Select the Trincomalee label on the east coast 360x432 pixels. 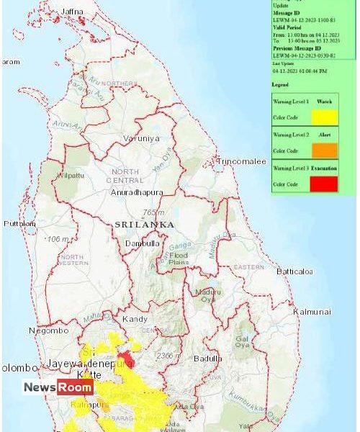click(242, 161)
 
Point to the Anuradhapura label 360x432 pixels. click(137, 192)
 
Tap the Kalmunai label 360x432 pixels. click(312, 311)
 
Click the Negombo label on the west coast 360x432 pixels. click(49, 330)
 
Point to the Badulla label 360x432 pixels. click(208, 359)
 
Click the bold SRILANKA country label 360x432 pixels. click(144, 225)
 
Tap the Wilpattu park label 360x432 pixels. click(71, 174)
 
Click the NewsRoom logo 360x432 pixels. click(58, 387)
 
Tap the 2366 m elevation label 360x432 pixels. click(168, 356)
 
